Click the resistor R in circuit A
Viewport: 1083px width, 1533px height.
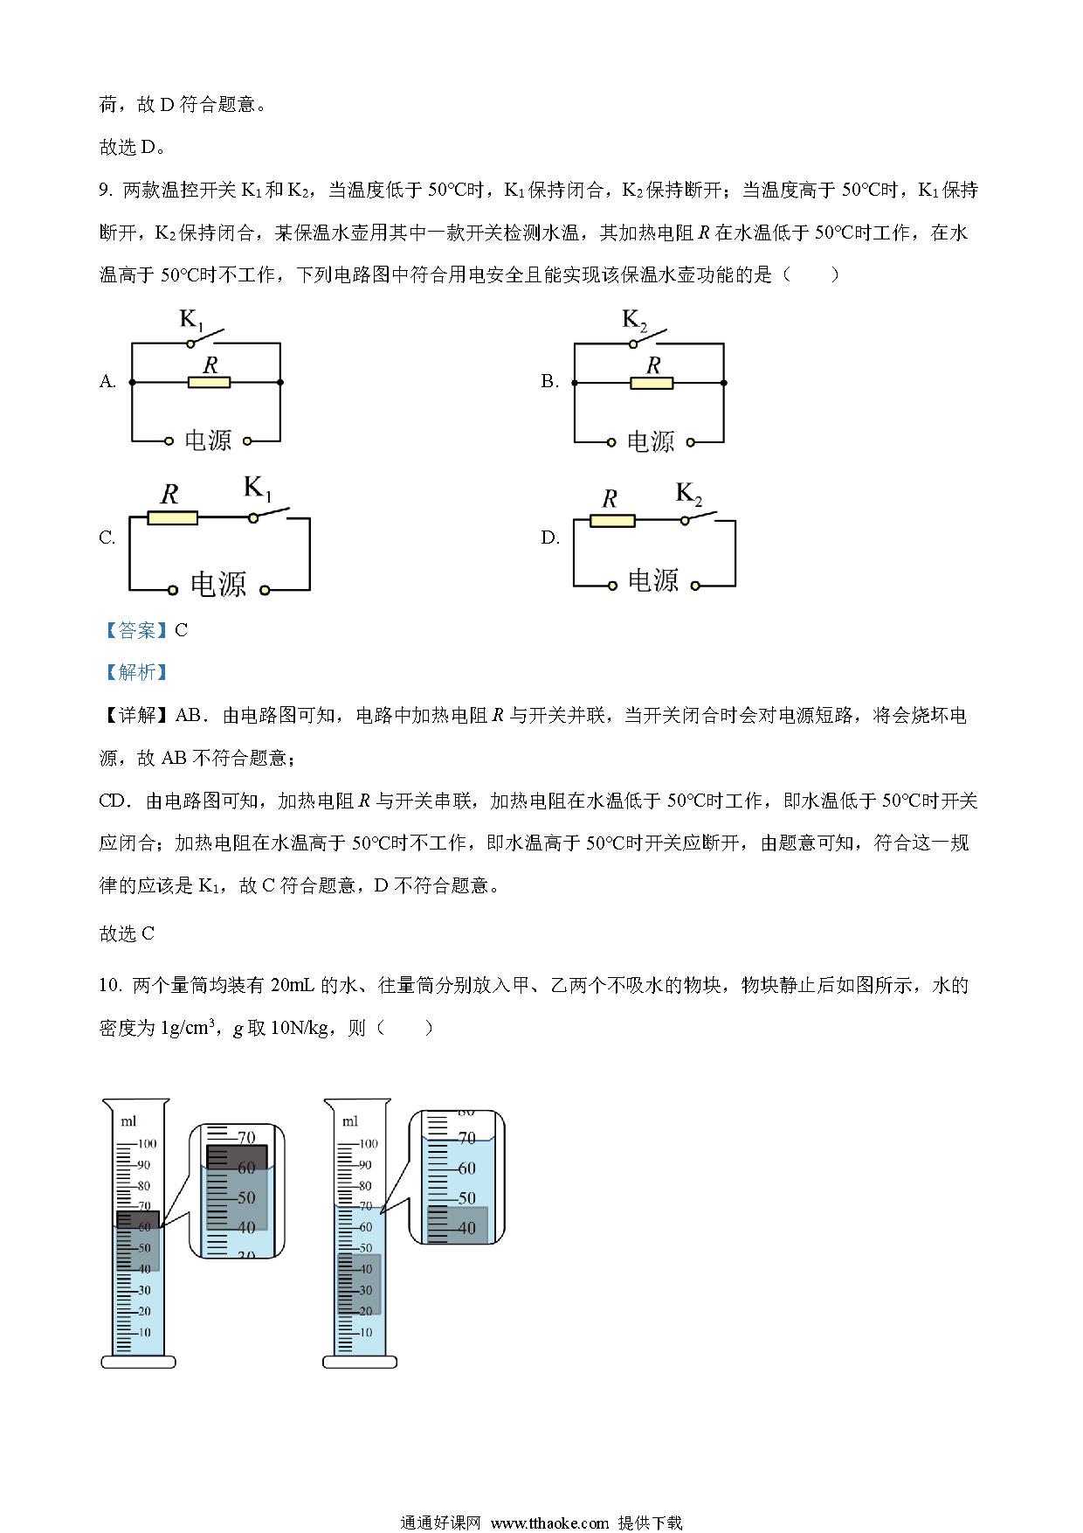[210, 382]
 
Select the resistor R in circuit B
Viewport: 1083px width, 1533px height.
[652, 383]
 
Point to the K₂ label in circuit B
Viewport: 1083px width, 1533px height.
[634, 320]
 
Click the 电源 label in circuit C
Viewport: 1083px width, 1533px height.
[218, 584]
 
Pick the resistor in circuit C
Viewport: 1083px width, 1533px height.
[173, 518]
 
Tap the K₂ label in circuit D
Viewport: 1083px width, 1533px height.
[689, 495]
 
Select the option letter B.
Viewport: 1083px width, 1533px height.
[549, 381]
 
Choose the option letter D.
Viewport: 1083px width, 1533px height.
[550, 538]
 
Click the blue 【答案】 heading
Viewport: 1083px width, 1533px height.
[135, 630]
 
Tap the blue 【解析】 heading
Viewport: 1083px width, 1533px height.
[135, 672]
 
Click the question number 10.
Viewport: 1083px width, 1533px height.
[109, 985]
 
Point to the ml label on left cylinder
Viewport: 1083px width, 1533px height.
[128, 1121]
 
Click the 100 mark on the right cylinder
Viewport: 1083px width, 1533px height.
[368, 1143]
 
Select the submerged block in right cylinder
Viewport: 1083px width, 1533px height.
[359, 1285]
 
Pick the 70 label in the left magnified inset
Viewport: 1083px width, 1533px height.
[246, 1138]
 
